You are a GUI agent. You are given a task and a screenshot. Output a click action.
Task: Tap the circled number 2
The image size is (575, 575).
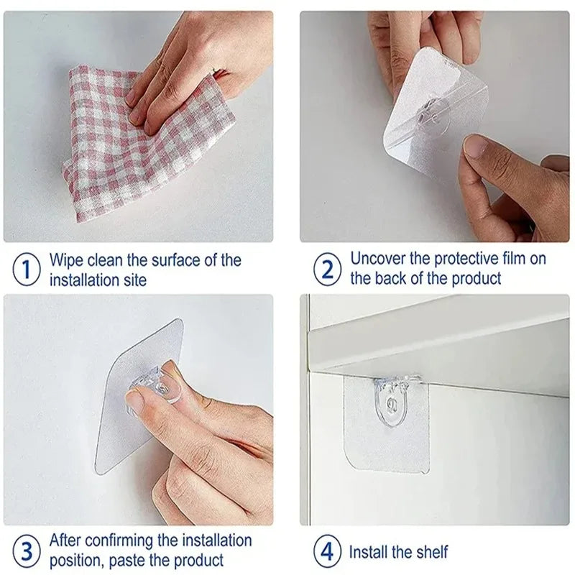(327, 270)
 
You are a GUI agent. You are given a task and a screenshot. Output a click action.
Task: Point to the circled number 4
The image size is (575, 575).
(327, 552)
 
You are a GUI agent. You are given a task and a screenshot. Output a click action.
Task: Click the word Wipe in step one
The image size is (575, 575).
(67, 260)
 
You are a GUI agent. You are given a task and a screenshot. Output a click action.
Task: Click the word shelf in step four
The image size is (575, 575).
(430, 552)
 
